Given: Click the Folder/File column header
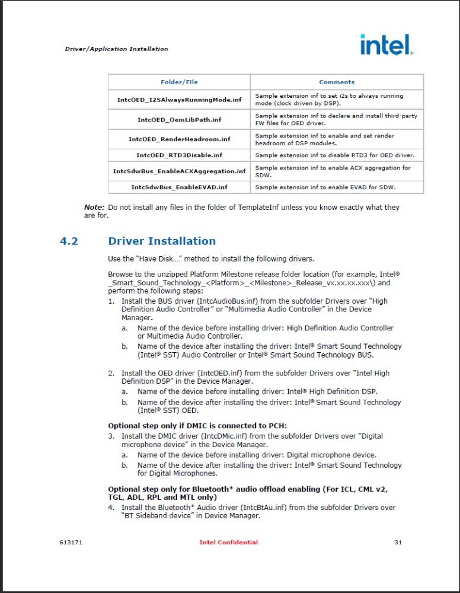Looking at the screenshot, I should (179, 82).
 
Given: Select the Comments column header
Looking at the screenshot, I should (337, 82).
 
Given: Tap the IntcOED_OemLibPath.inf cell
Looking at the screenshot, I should (179, 119).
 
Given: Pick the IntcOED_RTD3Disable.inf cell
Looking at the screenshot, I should (179, 155).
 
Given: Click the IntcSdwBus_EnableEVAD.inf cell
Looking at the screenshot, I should (179, 187).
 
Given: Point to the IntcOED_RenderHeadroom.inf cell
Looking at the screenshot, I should (179, 139).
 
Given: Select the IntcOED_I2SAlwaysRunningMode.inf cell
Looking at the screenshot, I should (179, 100).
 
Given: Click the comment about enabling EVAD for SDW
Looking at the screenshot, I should (325, 187).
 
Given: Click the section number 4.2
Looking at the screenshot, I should (69, 241).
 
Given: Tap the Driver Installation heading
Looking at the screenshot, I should (162, 241).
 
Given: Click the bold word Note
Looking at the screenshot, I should (94, 207).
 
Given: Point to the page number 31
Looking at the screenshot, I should (398, 542).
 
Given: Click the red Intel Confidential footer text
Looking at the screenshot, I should (229, 542).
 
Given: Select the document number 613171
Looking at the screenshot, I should (71, 542).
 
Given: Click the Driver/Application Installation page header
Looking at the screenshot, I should (116, 49).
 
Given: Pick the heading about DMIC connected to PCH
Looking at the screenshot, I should (197, 425).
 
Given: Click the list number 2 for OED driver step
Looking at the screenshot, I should (111, 373).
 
